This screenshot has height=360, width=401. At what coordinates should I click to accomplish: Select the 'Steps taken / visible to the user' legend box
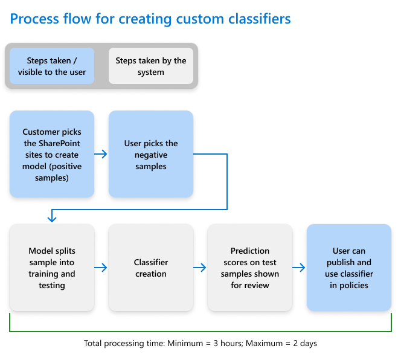tap(52, 66)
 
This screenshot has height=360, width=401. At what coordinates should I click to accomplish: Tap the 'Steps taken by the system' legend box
tap(151, 66)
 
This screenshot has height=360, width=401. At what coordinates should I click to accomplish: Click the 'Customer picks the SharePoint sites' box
tap(52, 154)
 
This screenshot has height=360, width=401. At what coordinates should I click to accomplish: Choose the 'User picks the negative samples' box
tap(151, 154)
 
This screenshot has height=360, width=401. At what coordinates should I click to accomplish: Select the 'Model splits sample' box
tap(52, 268)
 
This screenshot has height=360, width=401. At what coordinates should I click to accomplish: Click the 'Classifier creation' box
tap(151, 268)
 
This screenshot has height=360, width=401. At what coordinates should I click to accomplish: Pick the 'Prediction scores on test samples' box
tap(250, 268)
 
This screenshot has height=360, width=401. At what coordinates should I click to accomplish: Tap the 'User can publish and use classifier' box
tap(349, 268)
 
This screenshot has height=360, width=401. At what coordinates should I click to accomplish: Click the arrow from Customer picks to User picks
tap(101, 154)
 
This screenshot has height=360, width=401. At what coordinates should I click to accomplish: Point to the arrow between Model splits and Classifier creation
tap(101, 268)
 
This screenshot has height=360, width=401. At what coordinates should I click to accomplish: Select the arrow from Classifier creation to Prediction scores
tap(200, 268)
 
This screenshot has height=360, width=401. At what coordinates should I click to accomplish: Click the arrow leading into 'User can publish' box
tap(299, 268)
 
